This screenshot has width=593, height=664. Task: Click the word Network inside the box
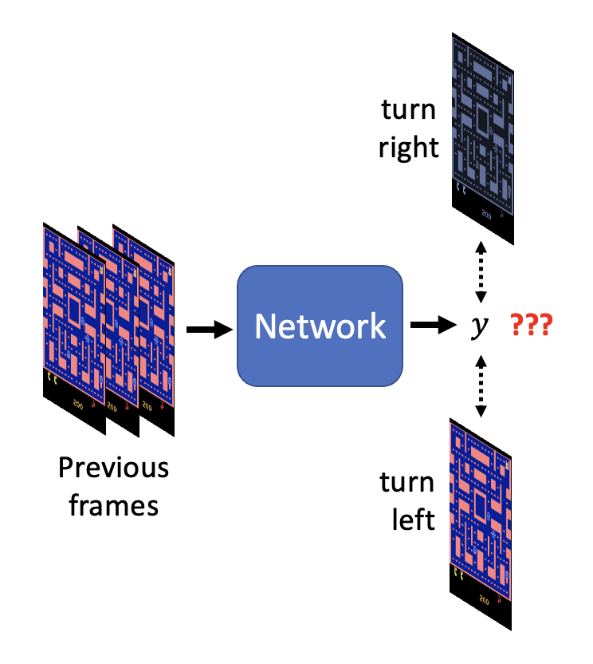click(x=320, y=326)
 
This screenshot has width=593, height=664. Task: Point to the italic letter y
click(x=478, y=327)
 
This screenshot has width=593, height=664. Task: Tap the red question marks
click(x=532, y=326)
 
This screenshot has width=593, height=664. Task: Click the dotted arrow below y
click(x=480, y=387)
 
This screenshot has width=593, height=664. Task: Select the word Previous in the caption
click(x=113, y=468)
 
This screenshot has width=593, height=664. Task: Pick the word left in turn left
click(x=413, y=520)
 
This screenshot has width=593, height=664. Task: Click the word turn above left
click(x=407, y=482)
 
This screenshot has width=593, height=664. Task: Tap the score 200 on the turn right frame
click(x=487, y=214)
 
